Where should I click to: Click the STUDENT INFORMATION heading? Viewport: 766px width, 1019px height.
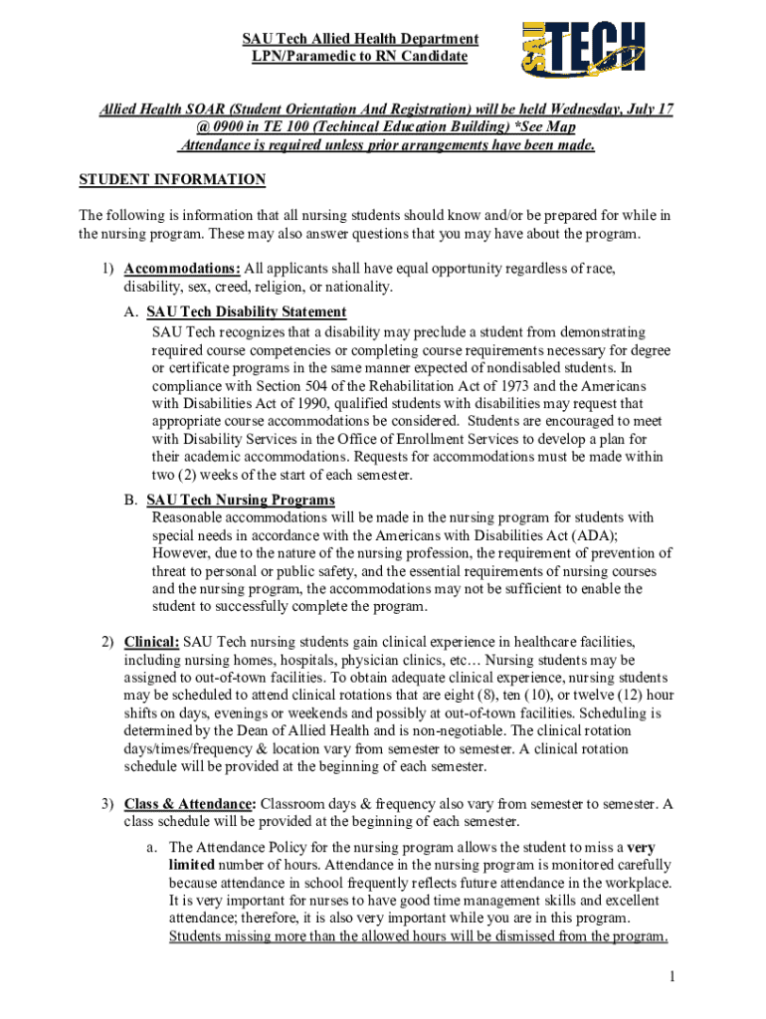(x=172, y=180)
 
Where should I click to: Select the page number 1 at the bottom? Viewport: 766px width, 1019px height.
(x=672, y=977)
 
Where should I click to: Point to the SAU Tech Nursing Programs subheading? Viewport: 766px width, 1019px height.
(x=240, y=500)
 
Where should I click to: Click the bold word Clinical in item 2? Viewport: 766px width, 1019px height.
(x=151, y=641)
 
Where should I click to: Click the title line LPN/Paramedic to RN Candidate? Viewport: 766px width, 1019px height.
(x=359, y=57)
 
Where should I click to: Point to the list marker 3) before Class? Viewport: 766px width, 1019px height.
(x=105, y=804)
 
